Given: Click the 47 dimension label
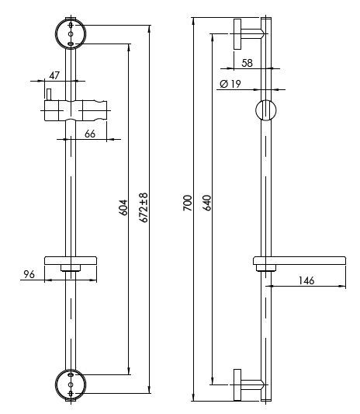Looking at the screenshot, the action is (x=54, y=75).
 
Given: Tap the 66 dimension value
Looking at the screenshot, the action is (x=90, y=134).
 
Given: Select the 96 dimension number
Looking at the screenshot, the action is (x=29, y=274).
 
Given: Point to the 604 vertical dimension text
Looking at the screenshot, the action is (x=124, y=207).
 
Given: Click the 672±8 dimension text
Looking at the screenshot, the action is (x=144, y=207).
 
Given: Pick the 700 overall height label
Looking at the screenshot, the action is (x=188, y=203).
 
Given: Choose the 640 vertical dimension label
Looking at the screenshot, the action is (x=207, y=203).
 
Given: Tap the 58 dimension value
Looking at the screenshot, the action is (x=247, y=63).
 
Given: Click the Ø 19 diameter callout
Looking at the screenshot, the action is (x=230, y=84).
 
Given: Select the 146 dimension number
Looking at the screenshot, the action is (x=306, y=280).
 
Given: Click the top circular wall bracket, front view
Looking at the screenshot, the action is (x=71, y=33).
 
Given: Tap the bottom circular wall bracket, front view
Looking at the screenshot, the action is (x=71, y=384).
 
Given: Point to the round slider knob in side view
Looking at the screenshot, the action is (x=266, y=110).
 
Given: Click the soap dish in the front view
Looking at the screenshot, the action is (x=71, y=261).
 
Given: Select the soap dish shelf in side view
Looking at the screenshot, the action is (x=299, y=261).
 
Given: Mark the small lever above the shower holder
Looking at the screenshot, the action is (x=49, y=95).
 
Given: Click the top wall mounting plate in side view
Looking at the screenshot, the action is (x=237, y=34).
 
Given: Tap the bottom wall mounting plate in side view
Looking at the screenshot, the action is (x=237, y=384).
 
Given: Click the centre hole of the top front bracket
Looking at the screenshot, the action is (x=71, y=34).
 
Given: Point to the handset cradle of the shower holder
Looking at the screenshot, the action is (x=95, y=110).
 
